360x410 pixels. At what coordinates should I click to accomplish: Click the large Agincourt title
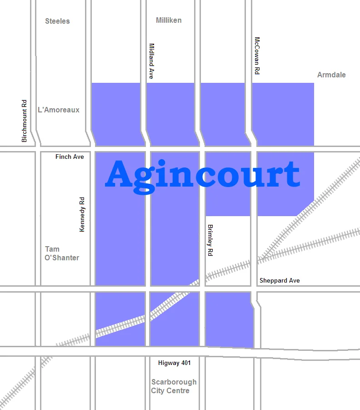[x=202, y=174]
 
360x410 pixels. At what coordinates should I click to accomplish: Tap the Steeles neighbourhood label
[x=58, y=21]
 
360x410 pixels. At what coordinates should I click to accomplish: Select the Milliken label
[x=169, y=20]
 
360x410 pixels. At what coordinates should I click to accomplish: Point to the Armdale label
[x=331, y=75]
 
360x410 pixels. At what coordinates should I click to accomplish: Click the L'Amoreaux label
[x=59, y=110]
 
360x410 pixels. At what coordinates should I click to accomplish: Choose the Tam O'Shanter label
[x=62, y=253]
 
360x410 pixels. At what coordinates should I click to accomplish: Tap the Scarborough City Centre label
[x=174, y=386]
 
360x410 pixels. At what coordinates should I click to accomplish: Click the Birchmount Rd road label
[x=25, y=121]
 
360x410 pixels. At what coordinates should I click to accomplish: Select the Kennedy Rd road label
[x=82, y=214]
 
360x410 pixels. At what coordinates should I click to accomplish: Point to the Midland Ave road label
[x=152, y=61]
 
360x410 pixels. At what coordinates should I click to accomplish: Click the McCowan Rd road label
[x=257, y=56]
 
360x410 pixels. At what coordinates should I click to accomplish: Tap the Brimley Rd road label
[x=210, y=240]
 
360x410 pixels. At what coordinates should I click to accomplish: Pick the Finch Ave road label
[x=70, y=157]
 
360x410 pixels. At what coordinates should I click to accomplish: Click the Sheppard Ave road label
[x=280, y=281]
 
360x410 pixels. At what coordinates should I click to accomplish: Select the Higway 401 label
[x=175, y=363]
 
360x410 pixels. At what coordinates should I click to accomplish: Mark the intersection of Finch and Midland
[x=148, y=148]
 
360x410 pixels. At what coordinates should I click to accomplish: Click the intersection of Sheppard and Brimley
[x=202, y=289]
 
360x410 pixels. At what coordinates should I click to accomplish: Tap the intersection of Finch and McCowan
[x=254, y=148]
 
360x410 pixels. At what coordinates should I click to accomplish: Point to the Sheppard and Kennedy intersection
[x=93, y=289]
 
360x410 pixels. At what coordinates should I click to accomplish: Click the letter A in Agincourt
[x=119, y=174]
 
